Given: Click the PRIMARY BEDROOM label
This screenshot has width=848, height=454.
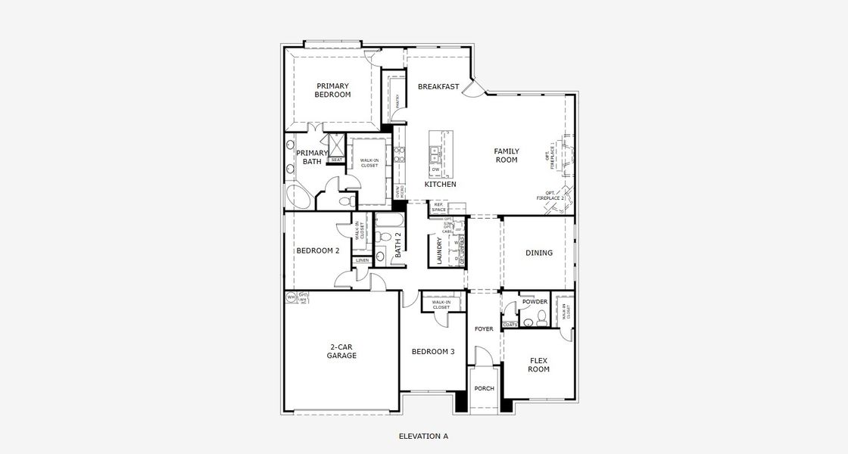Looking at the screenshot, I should [333, 90].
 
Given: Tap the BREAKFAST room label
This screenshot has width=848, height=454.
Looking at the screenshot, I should [438, 87].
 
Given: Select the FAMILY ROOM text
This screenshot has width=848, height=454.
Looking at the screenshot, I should [507, 155].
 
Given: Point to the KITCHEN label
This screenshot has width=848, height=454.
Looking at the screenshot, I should [440, 185].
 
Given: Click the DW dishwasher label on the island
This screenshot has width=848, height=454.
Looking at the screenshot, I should [435, 169].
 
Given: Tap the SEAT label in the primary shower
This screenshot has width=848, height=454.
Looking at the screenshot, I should [336, 160].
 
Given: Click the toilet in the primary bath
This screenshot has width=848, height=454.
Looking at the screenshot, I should [344, 202].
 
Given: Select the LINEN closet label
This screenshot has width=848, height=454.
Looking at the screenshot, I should [362, 260].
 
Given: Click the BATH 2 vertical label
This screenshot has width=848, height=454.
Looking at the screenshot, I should [397, 247].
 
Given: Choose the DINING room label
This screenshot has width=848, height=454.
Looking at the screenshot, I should [538, 253].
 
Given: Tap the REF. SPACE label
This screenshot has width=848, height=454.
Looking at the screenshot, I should [438, 207].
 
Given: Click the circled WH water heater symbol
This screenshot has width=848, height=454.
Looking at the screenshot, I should [290, 297].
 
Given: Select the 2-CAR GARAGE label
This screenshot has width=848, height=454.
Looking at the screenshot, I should [341, 351].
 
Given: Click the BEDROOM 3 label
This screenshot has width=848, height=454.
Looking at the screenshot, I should [433, 352].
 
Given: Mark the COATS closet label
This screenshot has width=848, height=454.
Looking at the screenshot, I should [510, 325].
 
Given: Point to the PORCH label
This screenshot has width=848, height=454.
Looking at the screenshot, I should [484, 388].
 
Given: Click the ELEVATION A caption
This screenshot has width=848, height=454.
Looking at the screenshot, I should [423, 436].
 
